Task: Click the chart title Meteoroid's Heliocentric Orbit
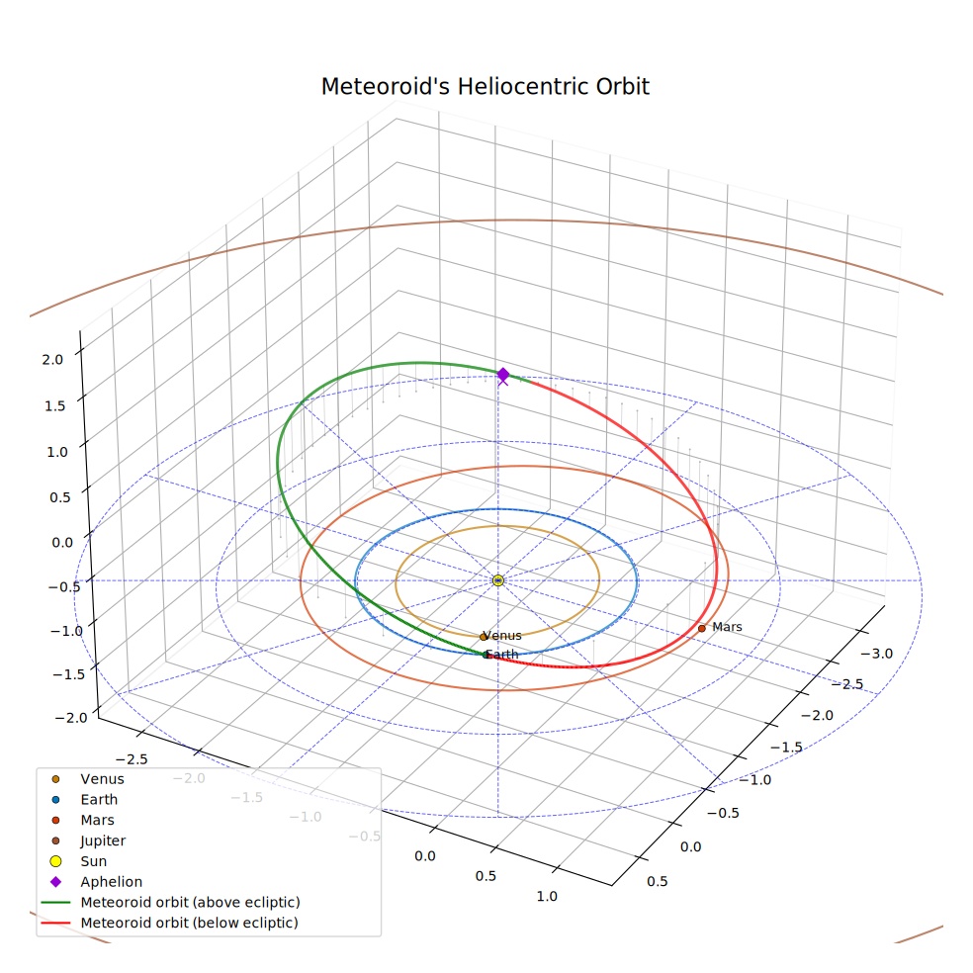[485, 86]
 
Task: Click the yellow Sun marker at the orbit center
[497, 580]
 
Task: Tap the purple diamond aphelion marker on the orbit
[503, 374]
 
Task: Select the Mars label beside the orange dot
[727, 627]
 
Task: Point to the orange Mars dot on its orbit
[702, 629]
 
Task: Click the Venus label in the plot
[502, 636]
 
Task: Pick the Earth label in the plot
[502, 654]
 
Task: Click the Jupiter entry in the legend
[103, 840]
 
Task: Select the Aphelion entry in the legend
[111, 882]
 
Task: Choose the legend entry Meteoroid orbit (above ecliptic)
[190, 902]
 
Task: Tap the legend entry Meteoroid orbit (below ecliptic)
[189, 923]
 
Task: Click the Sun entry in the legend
[93, 861]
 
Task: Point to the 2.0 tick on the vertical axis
[52, 360]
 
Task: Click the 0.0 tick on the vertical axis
[62, 543]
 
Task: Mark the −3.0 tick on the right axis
[876, 654]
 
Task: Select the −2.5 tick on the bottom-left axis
[132, 758]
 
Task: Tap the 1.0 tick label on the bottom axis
[547, 896]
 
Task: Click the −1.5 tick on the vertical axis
[68, 674]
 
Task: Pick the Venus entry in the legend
[102, 779]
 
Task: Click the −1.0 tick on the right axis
[754, 780]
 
